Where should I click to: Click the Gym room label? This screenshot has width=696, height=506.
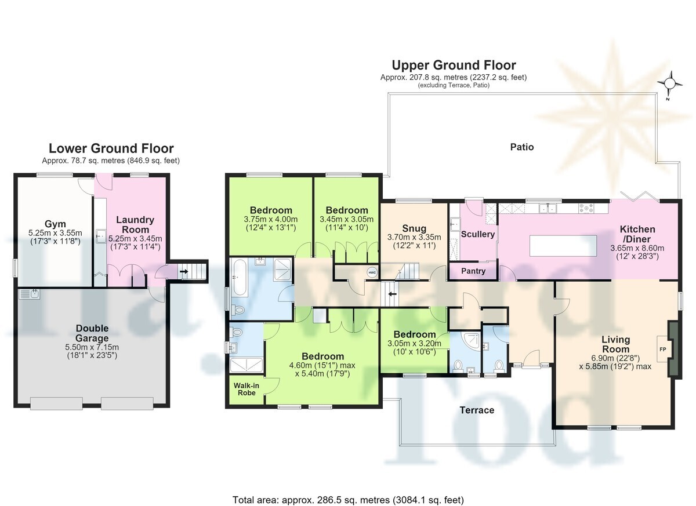point(55,224)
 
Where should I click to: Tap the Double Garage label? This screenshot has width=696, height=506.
point(92,333)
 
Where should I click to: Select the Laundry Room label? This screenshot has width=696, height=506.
point(135,225)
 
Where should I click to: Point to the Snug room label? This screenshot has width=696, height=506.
point(414,228)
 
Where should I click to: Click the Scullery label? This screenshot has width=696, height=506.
point(478,234)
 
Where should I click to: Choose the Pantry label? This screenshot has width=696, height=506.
point(473,271)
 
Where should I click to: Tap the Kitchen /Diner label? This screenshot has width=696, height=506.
point(637,234)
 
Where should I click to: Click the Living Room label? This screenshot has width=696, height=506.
point(615,344)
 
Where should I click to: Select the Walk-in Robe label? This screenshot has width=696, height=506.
point(246,389)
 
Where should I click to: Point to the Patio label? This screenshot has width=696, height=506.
point(522,147)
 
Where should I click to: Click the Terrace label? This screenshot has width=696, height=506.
point(477,410)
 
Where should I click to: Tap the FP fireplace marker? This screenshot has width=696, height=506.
point(663,350)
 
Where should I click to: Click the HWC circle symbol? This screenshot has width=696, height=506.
point(372,272)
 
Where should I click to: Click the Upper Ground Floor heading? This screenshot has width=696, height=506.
point(454,65)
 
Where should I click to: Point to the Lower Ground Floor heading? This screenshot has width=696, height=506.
point(111,148)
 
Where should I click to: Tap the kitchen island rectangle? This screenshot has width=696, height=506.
point(563,246)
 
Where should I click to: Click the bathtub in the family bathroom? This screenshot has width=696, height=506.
point(240,278)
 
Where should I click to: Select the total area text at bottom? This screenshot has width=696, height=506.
point(348,491)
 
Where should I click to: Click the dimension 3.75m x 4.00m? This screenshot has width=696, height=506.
point(271,219)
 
